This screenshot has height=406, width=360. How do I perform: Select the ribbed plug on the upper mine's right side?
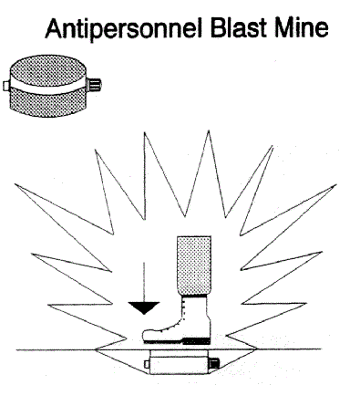coord(96,88)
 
